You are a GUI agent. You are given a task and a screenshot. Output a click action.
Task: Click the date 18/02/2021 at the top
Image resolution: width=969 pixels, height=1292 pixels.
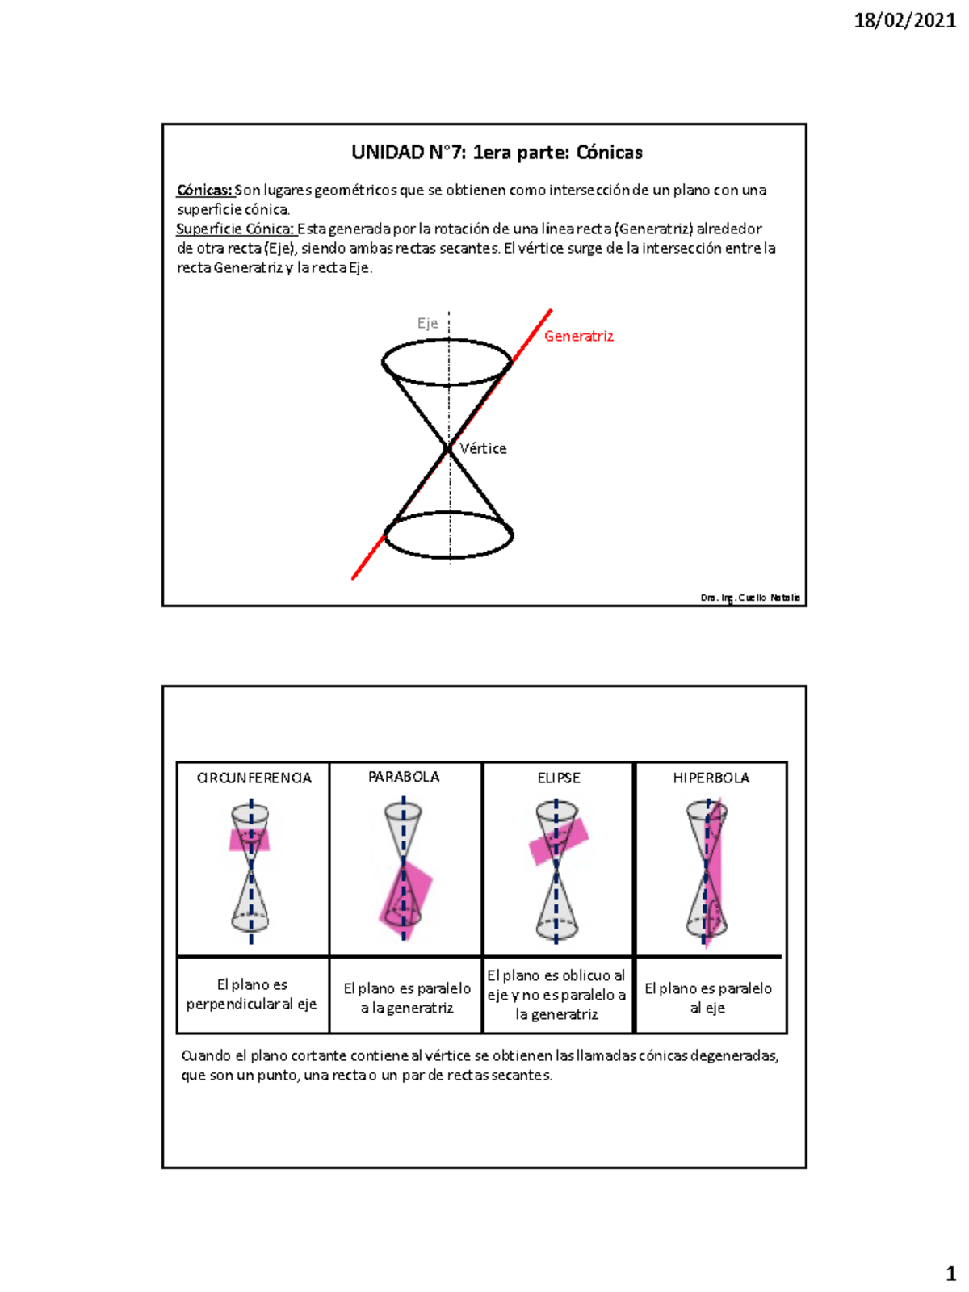point(905,21)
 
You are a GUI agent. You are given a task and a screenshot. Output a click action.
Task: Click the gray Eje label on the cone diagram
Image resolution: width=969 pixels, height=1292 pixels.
point(428,324)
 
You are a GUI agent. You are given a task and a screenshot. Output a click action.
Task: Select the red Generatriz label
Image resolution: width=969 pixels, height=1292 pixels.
point(579,336)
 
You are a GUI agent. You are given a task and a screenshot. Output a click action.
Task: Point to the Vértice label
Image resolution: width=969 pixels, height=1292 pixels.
point(483,448)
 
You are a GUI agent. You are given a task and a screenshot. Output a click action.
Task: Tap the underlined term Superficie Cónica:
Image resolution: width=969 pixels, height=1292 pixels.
point(235,229)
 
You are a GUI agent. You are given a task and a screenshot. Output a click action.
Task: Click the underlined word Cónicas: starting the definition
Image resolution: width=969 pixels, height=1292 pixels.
point(205,190)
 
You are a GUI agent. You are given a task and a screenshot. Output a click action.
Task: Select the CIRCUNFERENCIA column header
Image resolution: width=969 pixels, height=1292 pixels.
point(254,778)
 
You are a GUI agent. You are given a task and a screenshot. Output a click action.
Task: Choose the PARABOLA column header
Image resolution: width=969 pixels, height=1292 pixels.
point(404,777)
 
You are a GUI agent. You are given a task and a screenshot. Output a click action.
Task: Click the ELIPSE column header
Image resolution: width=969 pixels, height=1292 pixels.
point(559,778)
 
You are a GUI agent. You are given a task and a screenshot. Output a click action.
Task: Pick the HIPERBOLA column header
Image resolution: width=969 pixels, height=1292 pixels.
point(711,778)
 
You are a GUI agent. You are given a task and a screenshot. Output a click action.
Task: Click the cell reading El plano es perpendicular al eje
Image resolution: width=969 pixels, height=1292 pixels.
point(252,994)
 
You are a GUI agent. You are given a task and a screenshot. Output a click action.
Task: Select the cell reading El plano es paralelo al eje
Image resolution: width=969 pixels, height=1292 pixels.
point(708,998)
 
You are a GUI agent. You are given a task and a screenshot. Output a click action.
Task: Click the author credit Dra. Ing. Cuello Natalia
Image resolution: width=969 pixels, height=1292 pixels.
point(750,598)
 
